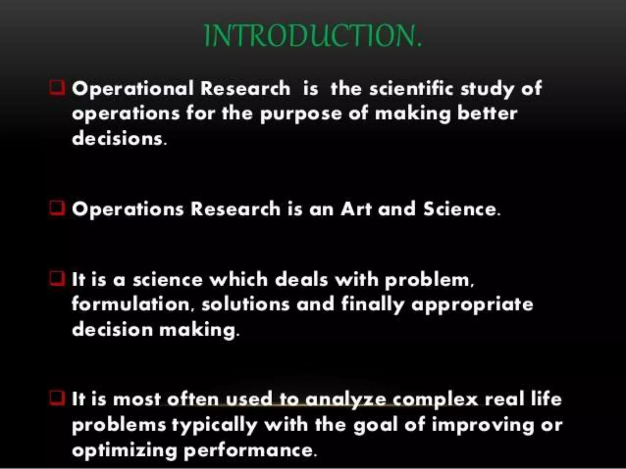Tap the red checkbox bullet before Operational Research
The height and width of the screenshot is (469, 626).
point(57,88)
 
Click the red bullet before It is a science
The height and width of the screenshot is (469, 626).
point(57,279)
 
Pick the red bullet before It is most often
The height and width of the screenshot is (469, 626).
point(57,398)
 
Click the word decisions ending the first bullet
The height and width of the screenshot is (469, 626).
point(119,139)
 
